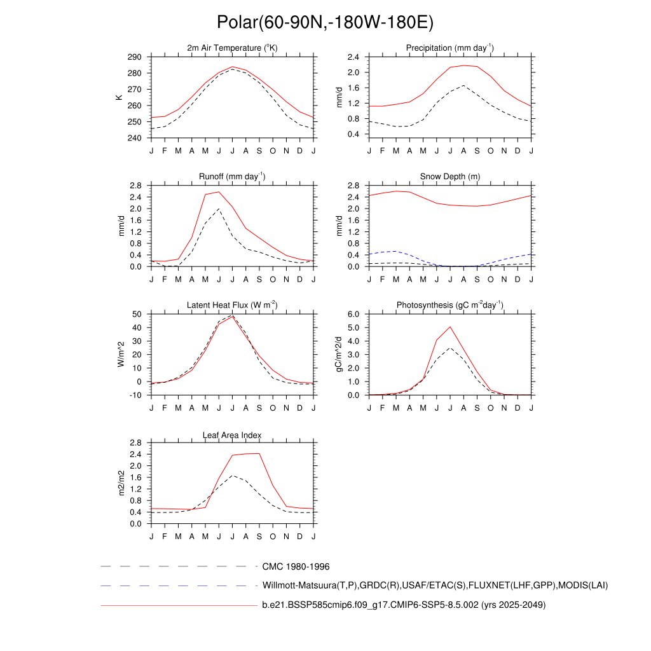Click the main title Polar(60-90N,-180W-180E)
[325, 23]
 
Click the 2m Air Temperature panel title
[232, 48]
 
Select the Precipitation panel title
[450, 48]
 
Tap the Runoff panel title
[232, 177]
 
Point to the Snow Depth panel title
[450, 177]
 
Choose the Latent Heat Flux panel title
[232, 306]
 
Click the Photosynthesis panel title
[450, 306]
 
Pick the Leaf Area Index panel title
[232, 435]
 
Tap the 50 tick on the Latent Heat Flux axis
[137, 315]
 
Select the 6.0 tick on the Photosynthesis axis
[354, 315]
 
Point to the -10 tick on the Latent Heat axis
[135, 395]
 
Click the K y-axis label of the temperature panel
[118, 97]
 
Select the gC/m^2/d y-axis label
[339, 354]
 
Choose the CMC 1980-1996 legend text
[296, 566]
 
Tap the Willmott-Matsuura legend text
[435, 586]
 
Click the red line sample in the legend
[178, 605]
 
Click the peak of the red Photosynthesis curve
[450, 327]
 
